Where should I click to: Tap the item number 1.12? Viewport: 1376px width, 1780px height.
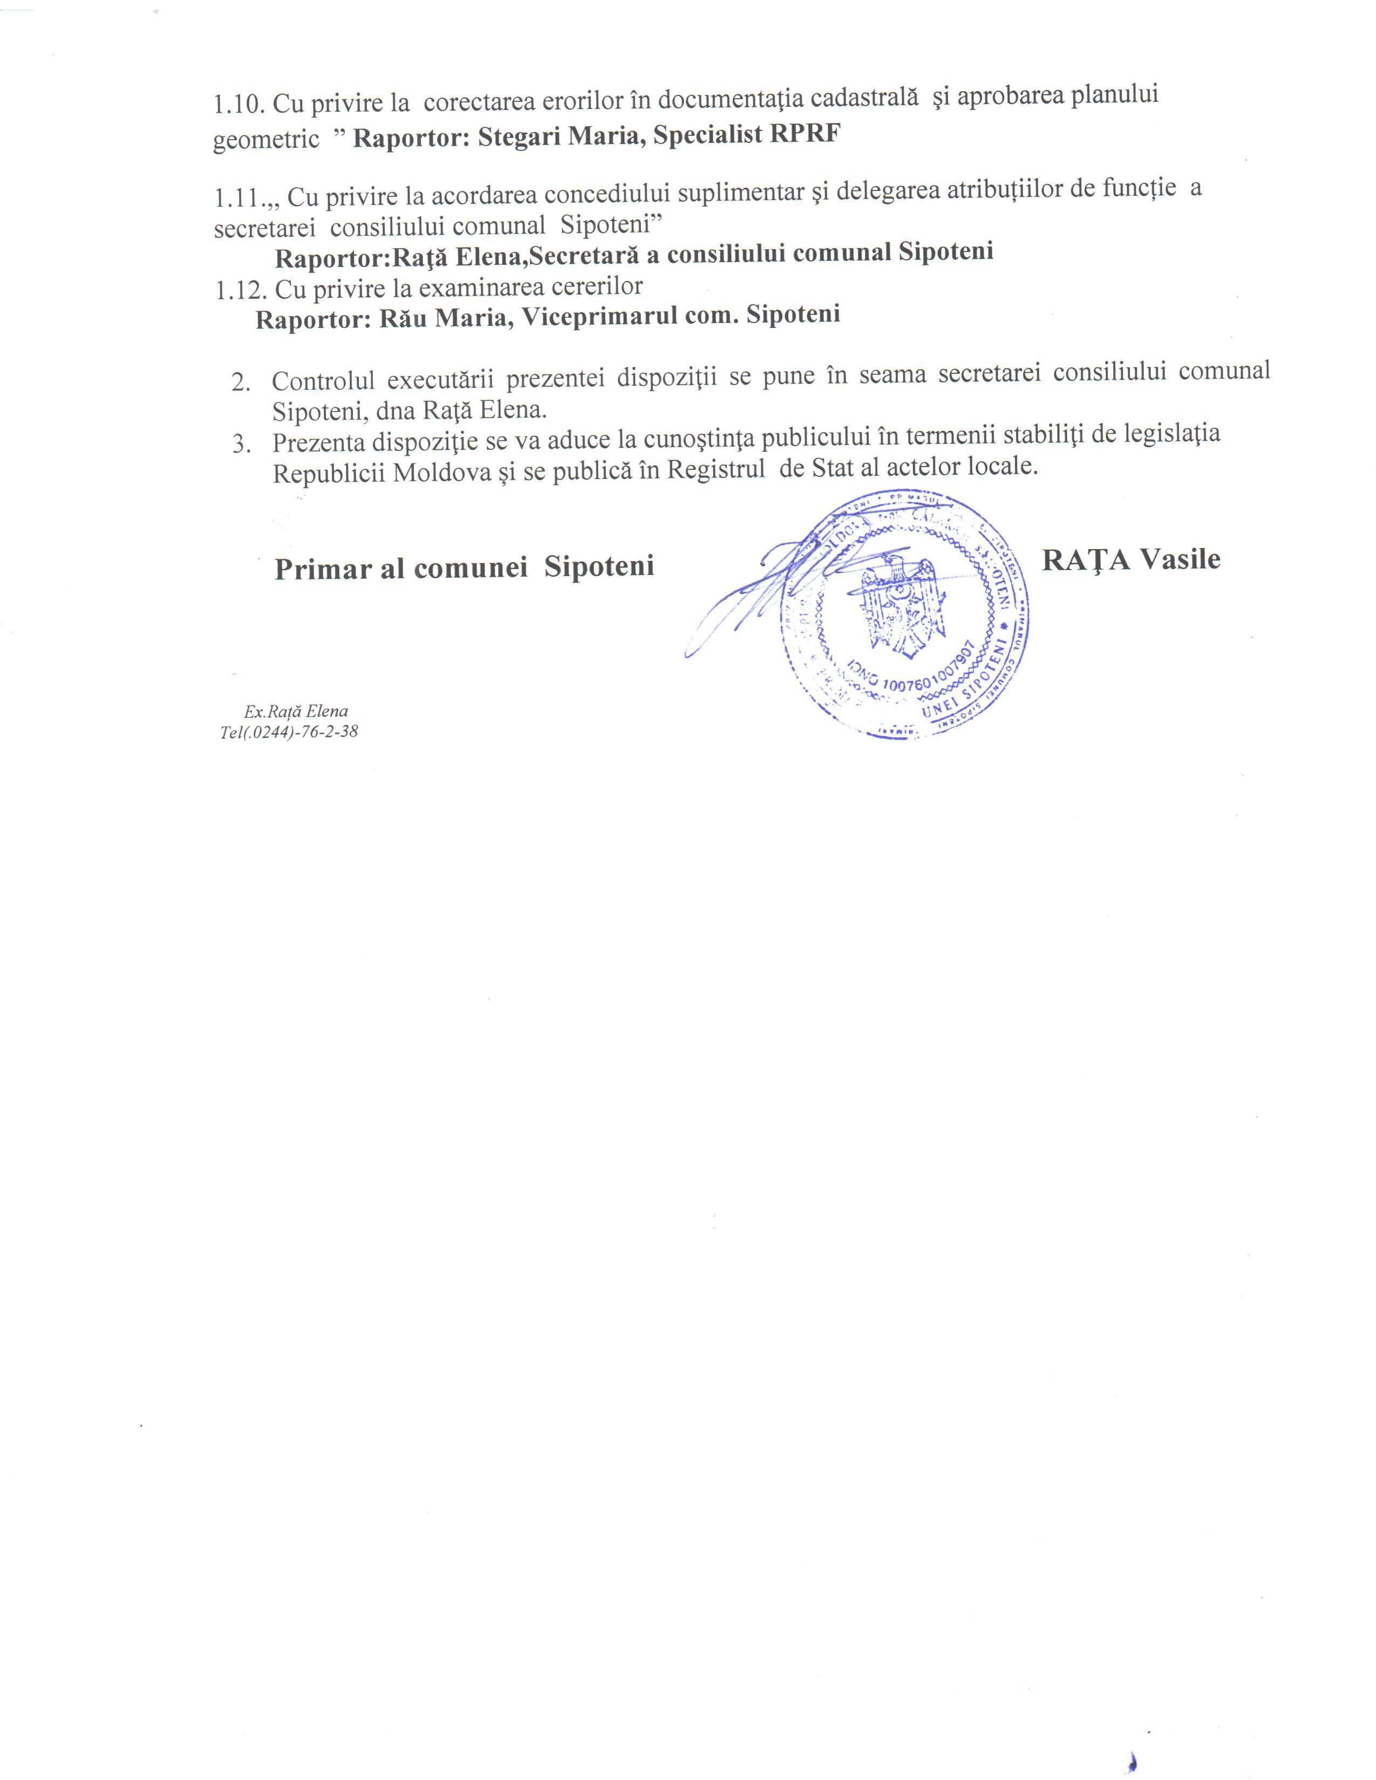point(241,290)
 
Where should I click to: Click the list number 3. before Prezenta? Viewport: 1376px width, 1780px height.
point(241,444)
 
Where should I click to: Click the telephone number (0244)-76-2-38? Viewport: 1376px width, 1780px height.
point(302,732)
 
